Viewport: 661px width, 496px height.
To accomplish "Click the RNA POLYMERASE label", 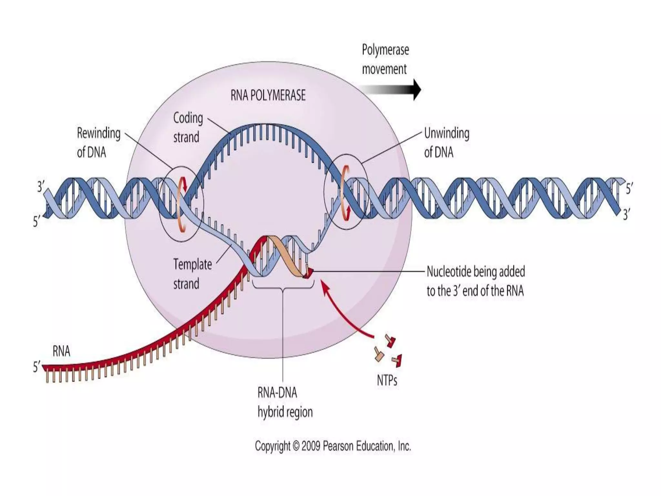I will tap(268, 95).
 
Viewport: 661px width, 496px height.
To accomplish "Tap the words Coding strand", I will tap(188, 127).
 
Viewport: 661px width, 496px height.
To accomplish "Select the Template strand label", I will tap(192, 274).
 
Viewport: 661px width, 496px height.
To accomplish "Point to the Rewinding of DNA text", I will tap(98, 142).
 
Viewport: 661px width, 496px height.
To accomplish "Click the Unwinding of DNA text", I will tap(446, 142).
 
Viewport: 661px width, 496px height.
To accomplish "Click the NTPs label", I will tap(387, 381).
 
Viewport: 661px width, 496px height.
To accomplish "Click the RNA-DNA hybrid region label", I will tap(285, 402).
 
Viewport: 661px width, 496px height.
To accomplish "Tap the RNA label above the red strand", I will tap(61, 351).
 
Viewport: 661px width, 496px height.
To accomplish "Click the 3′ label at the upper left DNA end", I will tap(41, 187).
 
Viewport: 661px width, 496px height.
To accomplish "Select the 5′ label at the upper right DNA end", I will tap(629, 189).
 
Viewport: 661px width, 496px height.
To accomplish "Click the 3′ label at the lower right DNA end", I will tap(626, 214).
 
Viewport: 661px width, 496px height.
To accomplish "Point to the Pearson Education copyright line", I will tap(332, 446).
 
